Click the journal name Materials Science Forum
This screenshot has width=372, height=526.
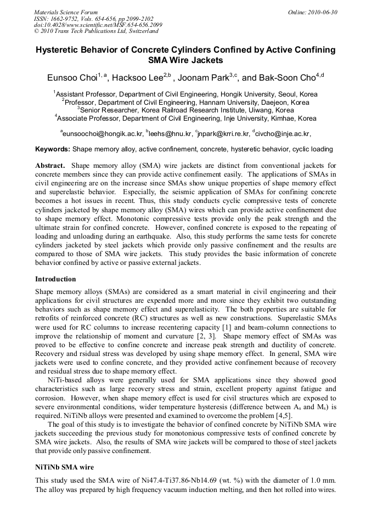tap(66, 12)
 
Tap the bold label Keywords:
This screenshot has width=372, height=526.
tap(53, 149)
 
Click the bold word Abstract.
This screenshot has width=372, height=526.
tap(50, 165)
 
